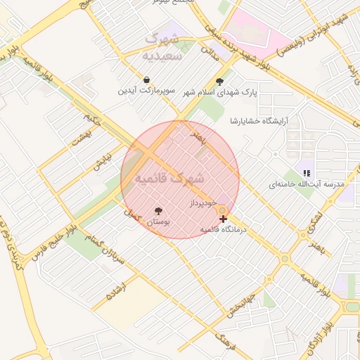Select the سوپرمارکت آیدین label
tap(146, 91)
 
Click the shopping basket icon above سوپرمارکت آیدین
tap(146, 79)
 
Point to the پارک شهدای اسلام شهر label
tap(221, 92)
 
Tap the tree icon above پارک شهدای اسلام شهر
tap(221, 81)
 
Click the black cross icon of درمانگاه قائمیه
tap(224, 220)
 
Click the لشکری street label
tap(316, 221)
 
